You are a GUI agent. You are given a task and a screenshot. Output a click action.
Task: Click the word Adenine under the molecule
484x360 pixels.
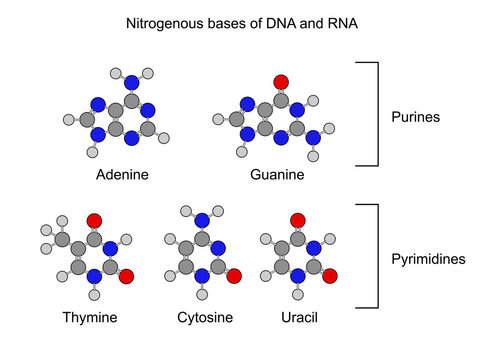click(x=123, y=175)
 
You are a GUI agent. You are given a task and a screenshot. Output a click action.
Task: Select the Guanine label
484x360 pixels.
click(x=277, y=175)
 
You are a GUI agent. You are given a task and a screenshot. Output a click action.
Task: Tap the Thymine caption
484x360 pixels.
click(x=88, y=317)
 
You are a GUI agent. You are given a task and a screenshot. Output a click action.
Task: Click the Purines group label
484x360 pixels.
click(x=415, y=116)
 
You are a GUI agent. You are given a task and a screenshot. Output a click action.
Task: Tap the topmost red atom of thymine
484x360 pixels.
click(x=94, y=220)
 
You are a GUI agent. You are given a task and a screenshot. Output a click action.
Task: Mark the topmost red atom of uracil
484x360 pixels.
click(x=296, y=220)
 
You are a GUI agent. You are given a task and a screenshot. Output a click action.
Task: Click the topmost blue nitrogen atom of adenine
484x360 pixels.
click(x=131, y=81)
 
